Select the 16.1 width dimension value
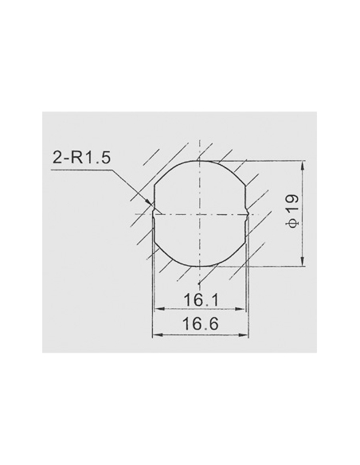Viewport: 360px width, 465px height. pyautogui.click(x=199, y=302)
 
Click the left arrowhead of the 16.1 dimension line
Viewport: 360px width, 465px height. pyautogui.click(x=157, y=310)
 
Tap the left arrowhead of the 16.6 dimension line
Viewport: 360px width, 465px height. pyautogui.click(x=155, y=333)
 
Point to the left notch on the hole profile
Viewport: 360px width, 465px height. pyautogui.click(x=154, y=213)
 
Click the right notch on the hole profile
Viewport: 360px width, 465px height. pyautogui.click(x=246, y=213)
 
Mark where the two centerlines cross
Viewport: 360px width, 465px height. pyautogui.click(x=200, y=213)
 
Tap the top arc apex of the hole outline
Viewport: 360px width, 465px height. pyautogui.click(x=200, y=161)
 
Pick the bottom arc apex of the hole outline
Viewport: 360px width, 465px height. pyautogui.click(x=200, y=267)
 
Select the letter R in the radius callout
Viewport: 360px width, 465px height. pyautogui.click(x=77, y=158)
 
